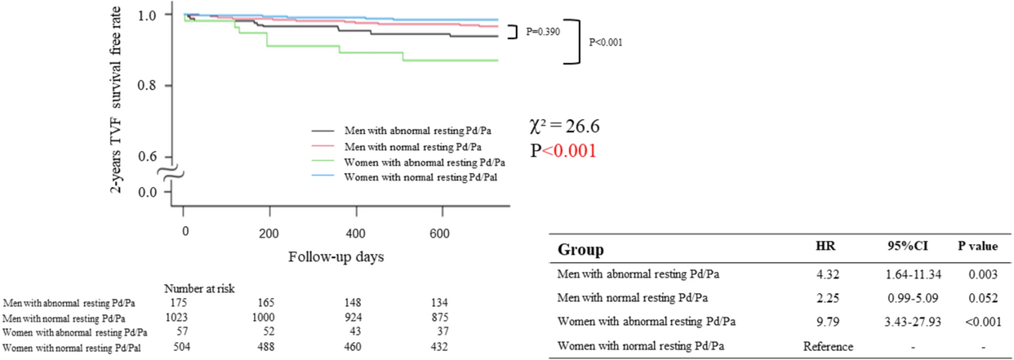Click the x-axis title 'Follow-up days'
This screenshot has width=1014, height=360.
[x=337, y=256]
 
